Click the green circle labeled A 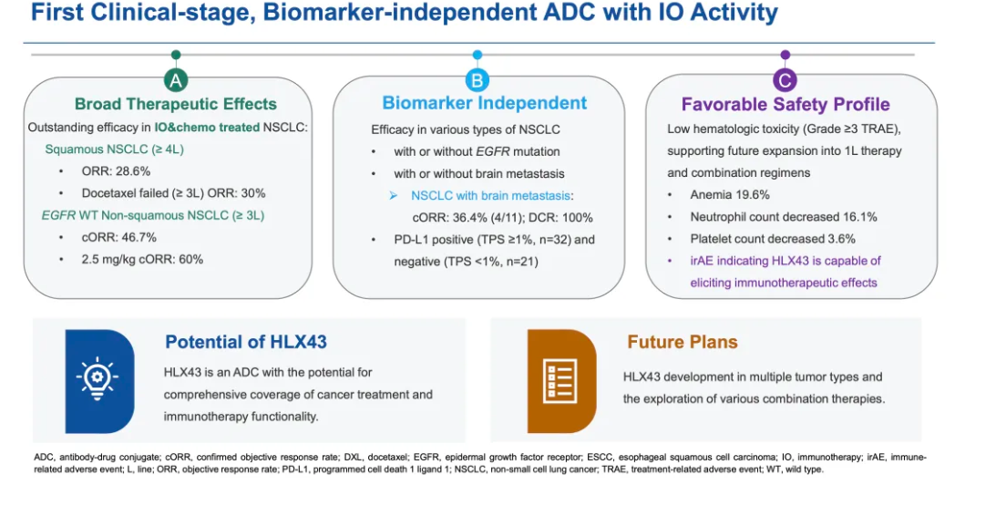click(176, 81)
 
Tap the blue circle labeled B click(477, 81)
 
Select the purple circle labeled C click(785, 80)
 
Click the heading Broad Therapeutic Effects click(176, 104)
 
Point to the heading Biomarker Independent click(485, 103)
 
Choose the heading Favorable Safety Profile click(785, 105)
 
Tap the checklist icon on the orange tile click(559, 381)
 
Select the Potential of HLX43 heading click(246, 342)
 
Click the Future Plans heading click(683, 342)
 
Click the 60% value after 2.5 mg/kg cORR click(191, 260)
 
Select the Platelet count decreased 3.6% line click(773, 239)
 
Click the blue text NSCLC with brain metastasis click(492, 196)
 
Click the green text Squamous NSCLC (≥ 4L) click(114, 150)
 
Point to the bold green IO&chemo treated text click(207, 127)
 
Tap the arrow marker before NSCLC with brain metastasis click(394, 196)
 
